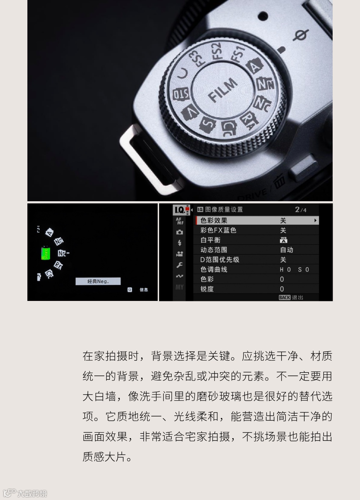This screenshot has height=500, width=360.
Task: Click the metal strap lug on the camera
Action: pyautogui.click(x=149, y=159)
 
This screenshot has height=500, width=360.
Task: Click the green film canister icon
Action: pyautogui.click(x=45, y=253)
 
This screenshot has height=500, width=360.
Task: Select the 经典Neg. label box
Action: pyautogui.click(x=98, y=281)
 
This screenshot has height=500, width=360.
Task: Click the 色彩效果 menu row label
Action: pyautogui.click(x=214, y=220)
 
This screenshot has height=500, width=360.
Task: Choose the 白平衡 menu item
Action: pyautogui.click(x=210, y=240)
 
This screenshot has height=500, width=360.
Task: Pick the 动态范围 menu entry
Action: pyautogui.click(x=214, y=249)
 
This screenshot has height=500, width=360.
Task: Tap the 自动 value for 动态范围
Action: pyautogui.click(x=287, y=249)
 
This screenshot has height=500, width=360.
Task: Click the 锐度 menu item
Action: pyautogui.click(x=207, y=289)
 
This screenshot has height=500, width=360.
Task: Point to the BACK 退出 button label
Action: pyautogui.click(x=291, y=297)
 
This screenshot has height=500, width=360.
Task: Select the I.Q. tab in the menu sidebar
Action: pyautogui.click(x=180, y=210)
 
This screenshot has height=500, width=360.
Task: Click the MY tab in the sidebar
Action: pyautogui.click(x=179, y=287)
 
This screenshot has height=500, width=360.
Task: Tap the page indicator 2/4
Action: pyautogui.click(x=301, y=210)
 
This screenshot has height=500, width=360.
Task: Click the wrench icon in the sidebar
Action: pyautogui.click(x=179, y=265)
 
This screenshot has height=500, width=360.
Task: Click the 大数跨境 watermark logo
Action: pyautogui.click(x=25, y=493)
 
